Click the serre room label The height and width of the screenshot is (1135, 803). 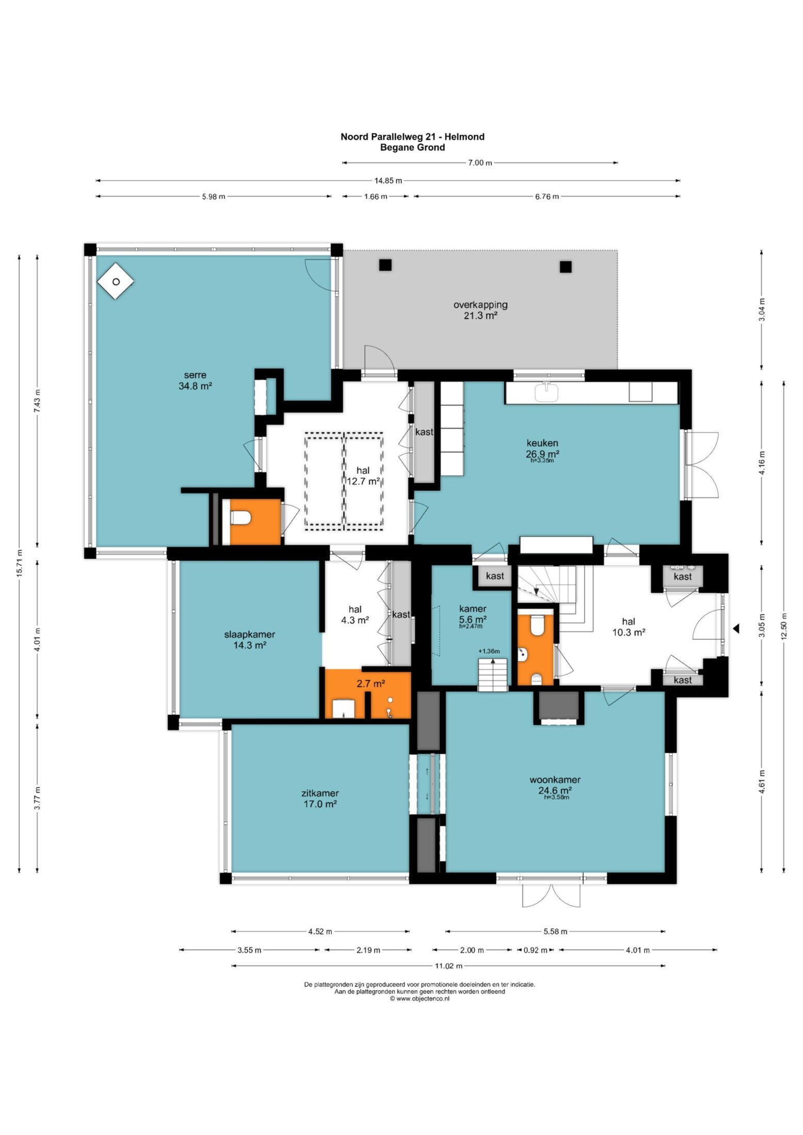pyautogui.click(x=195, y=380)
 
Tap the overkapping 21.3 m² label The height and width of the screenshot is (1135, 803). pyautogui.click(x=480, y=310)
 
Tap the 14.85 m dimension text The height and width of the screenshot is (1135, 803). pyautogui.click(x=388, y=181)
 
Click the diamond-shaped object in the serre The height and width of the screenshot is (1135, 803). pyautogui.click(x=116, y=281)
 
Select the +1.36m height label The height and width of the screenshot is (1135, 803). pyautogui.click(x=489, y=651)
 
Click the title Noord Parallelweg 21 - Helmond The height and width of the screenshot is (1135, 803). pyautogui.click(x=412, y=137)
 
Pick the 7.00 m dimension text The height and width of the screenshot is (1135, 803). pyautogui.click(x=479, y=163)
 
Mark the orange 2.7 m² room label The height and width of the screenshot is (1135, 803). pyautogui.click(x=371, y=684)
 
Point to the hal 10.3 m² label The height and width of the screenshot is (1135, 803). pyautogui.click(x=629, y=627)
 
